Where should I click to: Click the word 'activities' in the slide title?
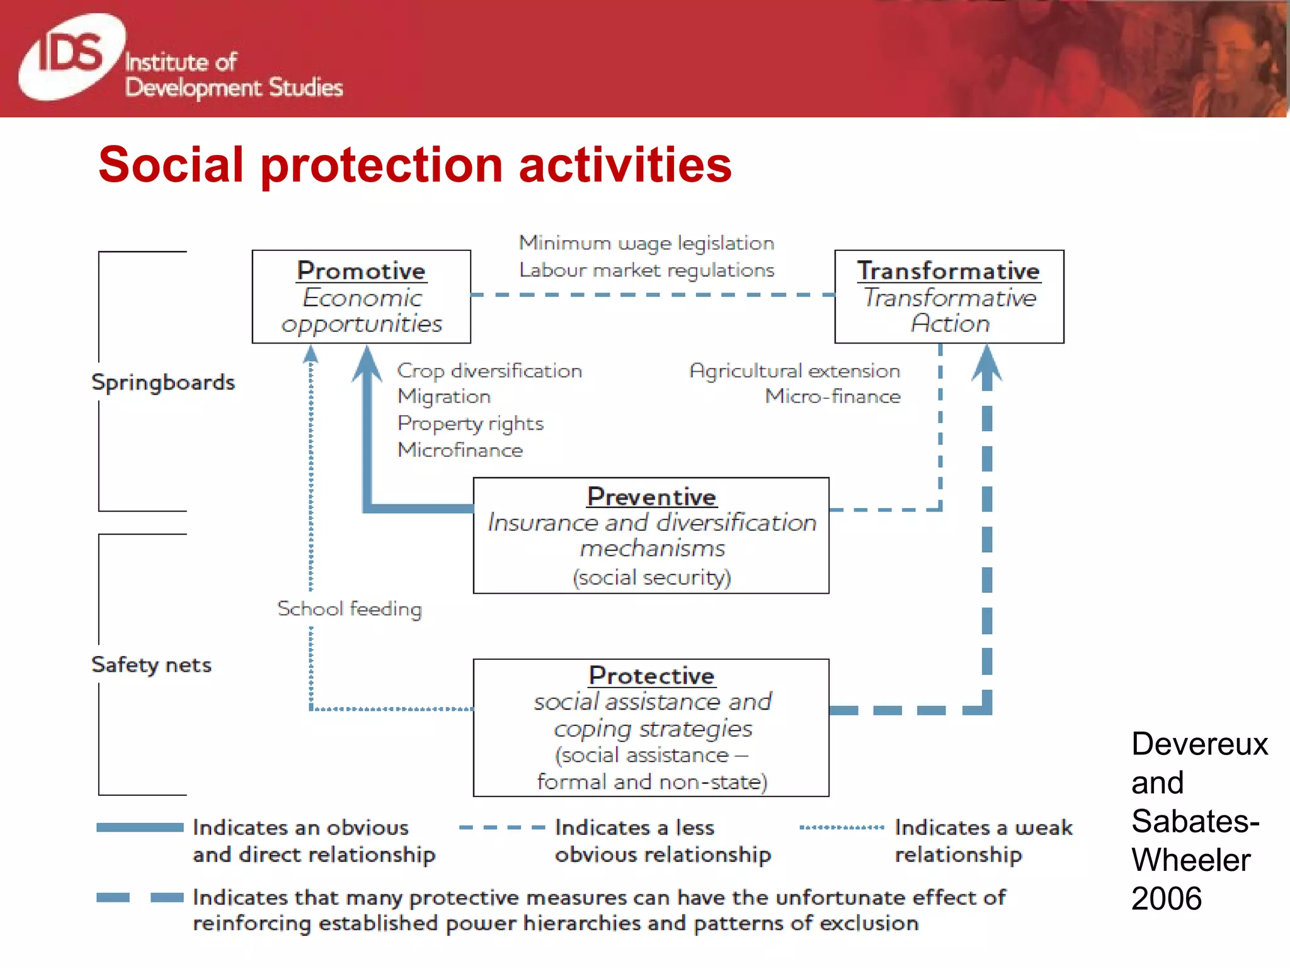point(624,165)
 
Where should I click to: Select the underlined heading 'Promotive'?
point(361,271)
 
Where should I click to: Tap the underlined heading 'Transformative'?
point(948,271)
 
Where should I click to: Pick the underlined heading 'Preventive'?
point(651,497)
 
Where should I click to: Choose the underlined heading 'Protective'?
point(651,676)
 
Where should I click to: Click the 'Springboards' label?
point(163,383)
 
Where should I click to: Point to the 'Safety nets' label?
point(151,665)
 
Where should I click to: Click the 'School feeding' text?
point(350,609)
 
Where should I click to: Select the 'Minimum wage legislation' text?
point(646,243)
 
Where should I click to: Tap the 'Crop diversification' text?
point(489,371)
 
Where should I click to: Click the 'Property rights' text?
point(471,423)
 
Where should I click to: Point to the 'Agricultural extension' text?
point(795,371)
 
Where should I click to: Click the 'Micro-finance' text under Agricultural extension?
point(833,396)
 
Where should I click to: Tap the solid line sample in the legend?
point(140,827)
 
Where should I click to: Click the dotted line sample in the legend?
point(842,827)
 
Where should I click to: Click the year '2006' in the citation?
point(1167,899)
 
